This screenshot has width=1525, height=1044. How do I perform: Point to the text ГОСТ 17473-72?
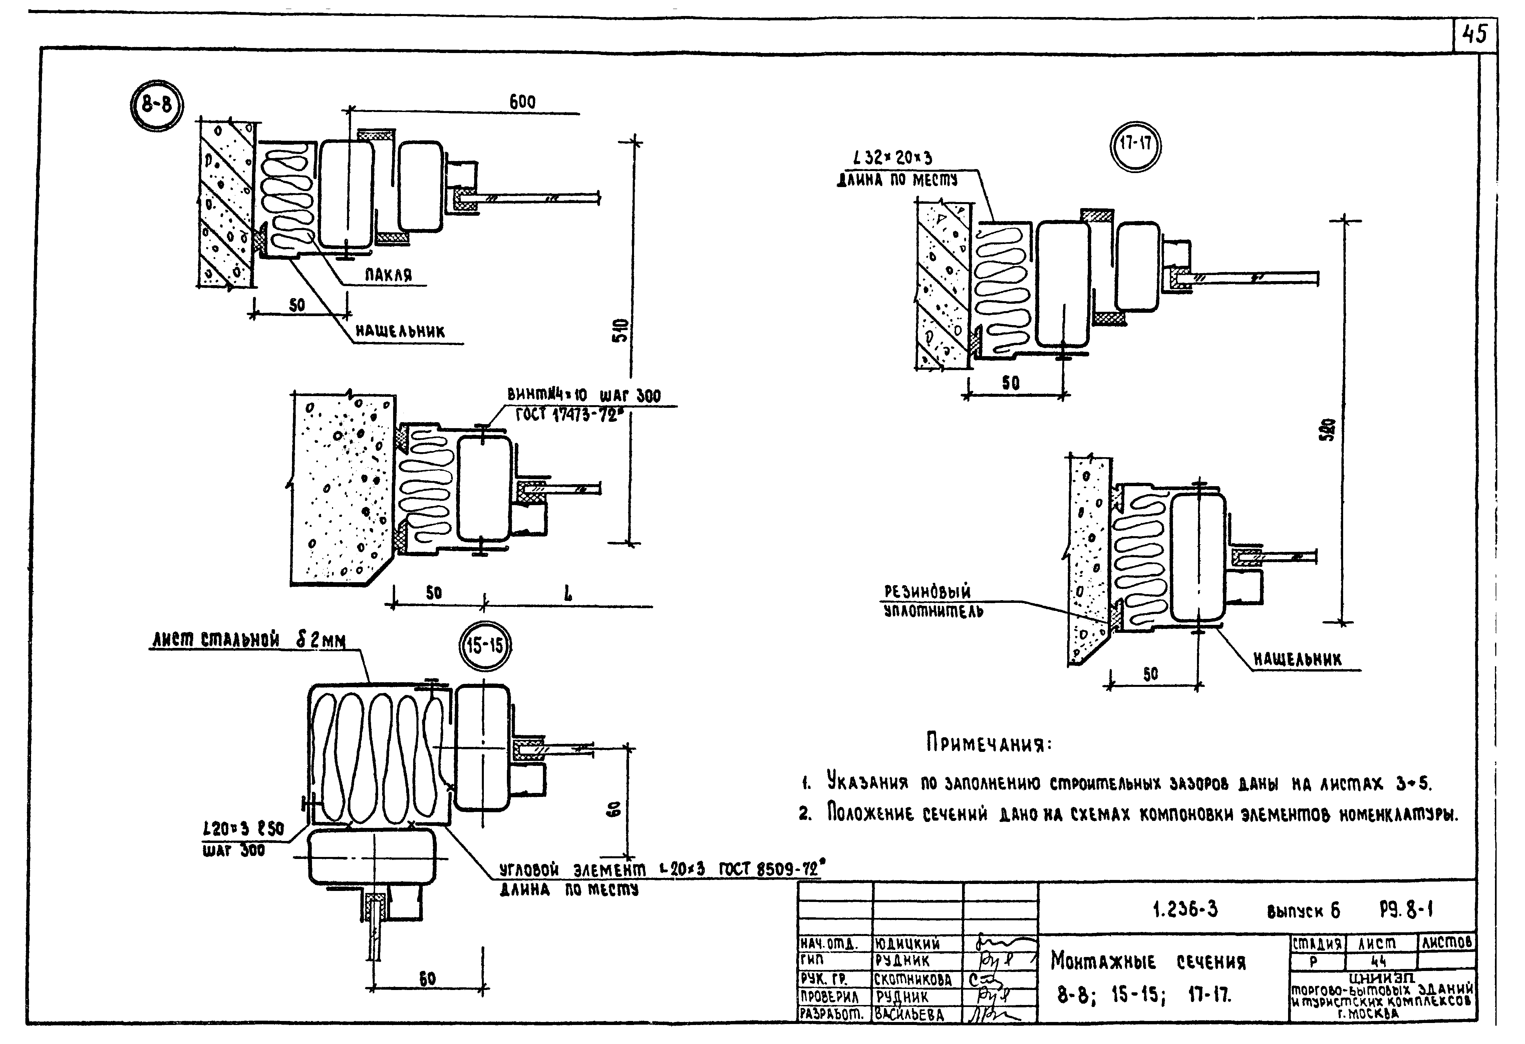click(x=568, y=415)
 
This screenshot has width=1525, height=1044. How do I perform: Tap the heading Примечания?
click(x=989, y=743)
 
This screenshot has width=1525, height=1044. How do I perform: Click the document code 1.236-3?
click(x=1185, y=909)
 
